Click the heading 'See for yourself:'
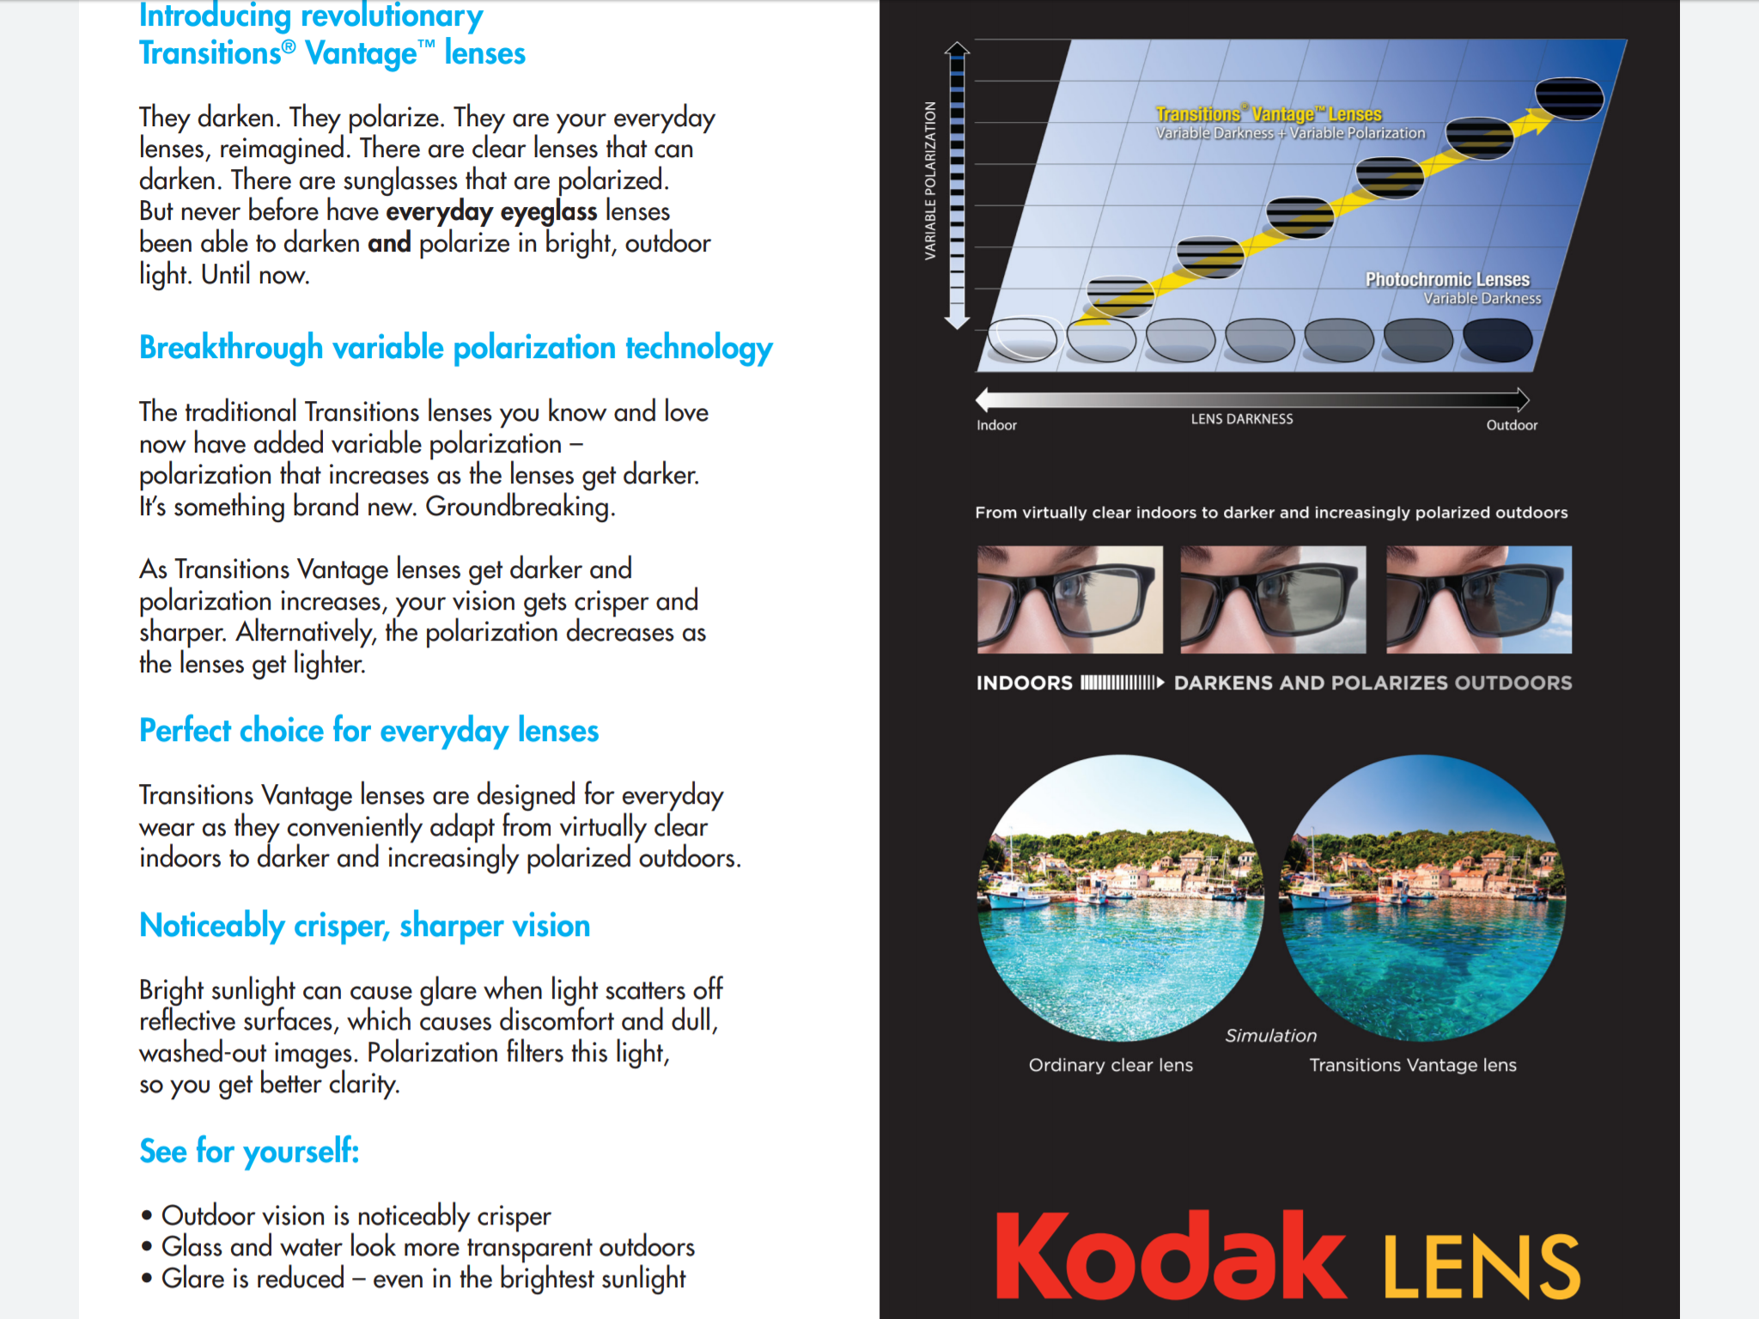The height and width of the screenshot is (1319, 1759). [x=249, y=1151]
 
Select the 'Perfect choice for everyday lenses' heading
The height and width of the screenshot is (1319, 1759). [x=368, y=731]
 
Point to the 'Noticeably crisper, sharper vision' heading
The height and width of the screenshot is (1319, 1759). [x=364, y=926]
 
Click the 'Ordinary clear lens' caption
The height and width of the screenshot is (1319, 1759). [x=1111, y=1065]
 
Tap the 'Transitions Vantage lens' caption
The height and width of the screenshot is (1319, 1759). [x=1412, y=1065]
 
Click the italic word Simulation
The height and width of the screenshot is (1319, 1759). [x=1270, y=1036]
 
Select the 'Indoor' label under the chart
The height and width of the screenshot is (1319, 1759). [x=996, y=425]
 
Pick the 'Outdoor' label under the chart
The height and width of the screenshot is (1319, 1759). [x=1512, y=425]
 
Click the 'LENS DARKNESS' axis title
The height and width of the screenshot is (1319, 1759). [x=1241, y=419]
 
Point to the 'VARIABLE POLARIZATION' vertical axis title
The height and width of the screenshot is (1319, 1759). [x=930, y=180]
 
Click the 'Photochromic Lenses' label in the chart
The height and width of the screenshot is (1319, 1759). [x=1447, y=280]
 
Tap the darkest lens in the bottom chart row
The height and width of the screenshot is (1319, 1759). [x=1497, y=339]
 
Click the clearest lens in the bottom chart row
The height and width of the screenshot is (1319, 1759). [x=1022, y=339]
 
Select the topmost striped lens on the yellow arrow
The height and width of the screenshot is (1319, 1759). [x=1568, y=98]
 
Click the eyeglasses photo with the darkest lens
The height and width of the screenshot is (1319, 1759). [x=1479, y=599]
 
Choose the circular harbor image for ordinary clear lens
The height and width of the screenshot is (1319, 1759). [x=1120, y=897]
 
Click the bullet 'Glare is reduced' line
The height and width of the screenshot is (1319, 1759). [x=423, y=1279]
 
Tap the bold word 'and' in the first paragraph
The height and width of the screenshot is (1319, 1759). [x=389, y=243]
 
